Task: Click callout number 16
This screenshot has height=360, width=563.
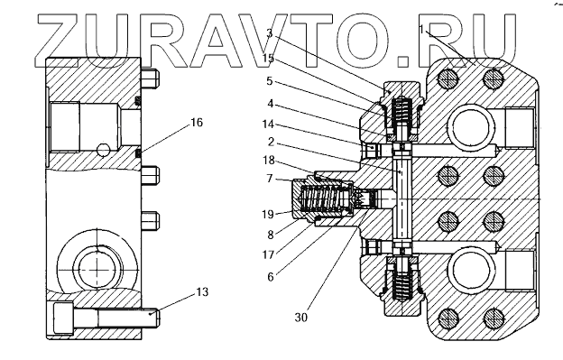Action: click(197, 123)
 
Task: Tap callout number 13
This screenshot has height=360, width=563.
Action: click(202, 292)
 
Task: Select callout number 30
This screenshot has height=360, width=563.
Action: click(301, 318)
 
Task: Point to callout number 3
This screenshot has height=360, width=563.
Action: click(269, 33)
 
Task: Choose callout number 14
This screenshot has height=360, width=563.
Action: click(268, 125)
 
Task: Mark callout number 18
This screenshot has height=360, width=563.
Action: click(269, 160)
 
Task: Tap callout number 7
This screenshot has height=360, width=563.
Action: click(270, 179)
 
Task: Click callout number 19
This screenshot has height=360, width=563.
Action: click(268, 214)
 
